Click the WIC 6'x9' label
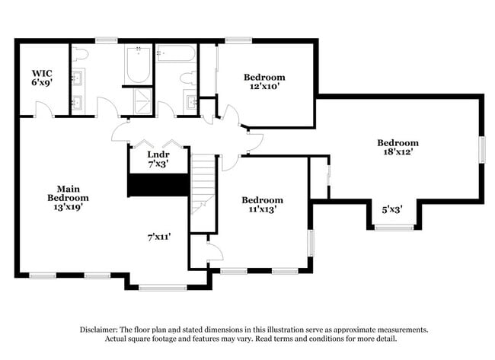click(x=41, y=78)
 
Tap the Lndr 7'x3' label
click(x=157, y=158)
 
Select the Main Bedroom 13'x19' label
click(x=69, y=197)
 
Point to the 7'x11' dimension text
click(x=158, y=237)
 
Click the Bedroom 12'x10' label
click(x=264, y=81)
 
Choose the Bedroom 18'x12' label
click(x=398, y=148)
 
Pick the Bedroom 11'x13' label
click(x=263, y=205)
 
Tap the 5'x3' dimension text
click(x=392, y=209)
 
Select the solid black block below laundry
click(x=158, y=185)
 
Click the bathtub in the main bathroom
click(x=139, y=64)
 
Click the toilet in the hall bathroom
click(x=187, y=76)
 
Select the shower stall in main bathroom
click(x=141, y=100)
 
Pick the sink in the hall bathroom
click(x=190, y=100)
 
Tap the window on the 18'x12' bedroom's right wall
click(x=481, y=148)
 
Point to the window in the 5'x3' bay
click(x=394, y=227)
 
